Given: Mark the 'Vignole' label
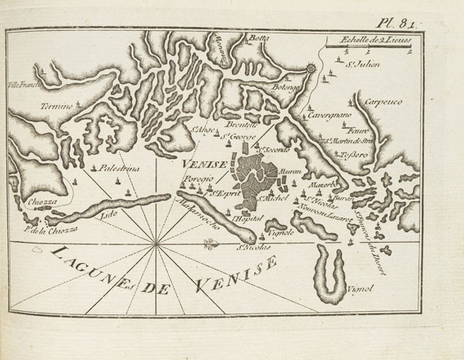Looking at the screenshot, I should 280,231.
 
